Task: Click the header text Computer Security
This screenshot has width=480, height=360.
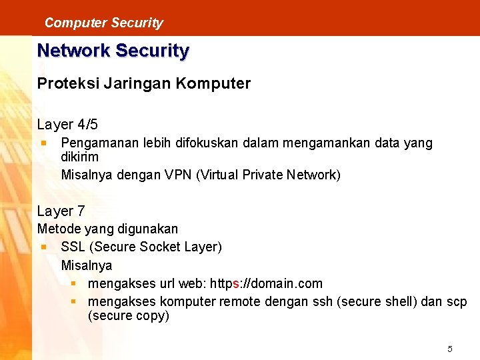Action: pyautogui.click(x=103, y=23)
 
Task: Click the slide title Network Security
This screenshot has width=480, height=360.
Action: pyautogui.click(x=113, y=51)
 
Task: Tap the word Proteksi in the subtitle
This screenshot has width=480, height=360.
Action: pyautogui.click(x=63, y=84)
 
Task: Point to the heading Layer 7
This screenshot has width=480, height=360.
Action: pyautogui.click(x=61, y=211)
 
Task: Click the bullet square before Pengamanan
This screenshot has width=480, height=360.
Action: pyautogui.click(x=43, y=142)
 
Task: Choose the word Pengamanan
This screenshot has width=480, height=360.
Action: pyautogui.click(x=97, y=143)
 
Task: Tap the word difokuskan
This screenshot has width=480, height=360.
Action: pyautogui.click(x=203, y=143)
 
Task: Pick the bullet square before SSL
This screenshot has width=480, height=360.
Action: pyautogui.click(x=43, y=246)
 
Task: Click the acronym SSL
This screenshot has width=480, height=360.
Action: pyautogui.click(x=73, y=247)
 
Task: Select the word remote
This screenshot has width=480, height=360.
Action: pyautogui.click(x=240, y=302)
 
